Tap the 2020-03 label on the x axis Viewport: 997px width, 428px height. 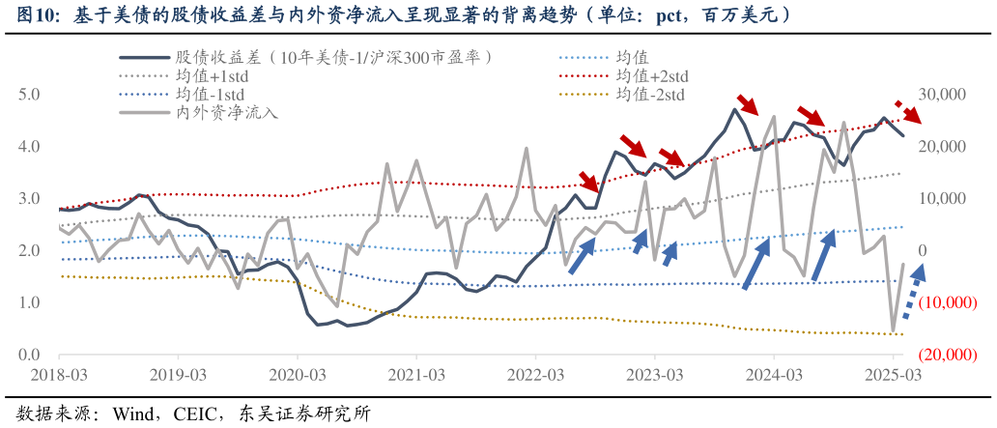click(297, 373)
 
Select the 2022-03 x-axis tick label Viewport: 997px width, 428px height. click(535, 373)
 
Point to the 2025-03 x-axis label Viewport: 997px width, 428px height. click(893, 373)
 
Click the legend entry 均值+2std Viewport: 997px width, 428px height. click(651, 75)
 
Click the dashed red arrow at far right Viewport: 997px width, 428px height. click(908, 111)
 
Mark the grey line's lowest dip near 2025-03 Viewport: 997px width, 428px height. click(894, 329)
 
